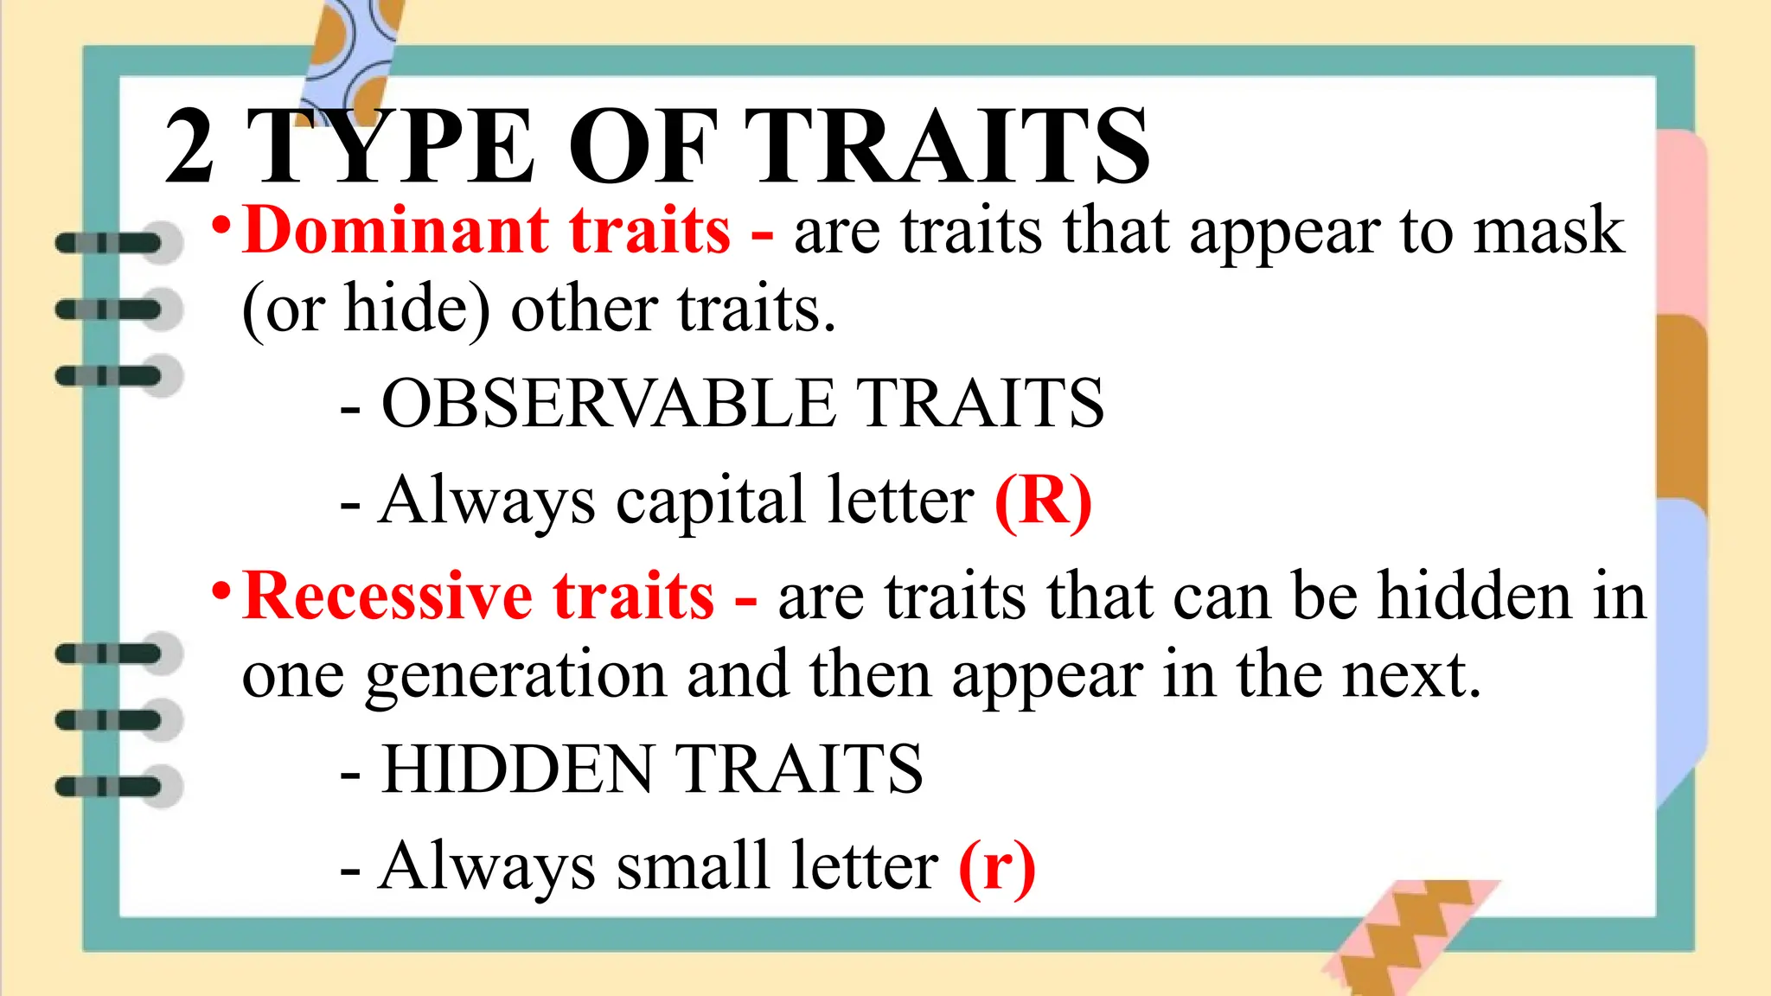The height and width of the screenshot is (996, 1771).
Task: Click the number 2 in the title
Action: (189, 147)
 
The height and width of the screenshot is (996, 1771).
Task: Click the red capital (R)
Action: (1043, 501)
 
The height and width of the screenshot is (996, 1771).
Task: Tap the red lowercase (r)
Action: (996, 866)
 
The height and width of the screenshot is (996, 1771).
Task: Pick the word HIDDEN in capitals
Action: (518, 769)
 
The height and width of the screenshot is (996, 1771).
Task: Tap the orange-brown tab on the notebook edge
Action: (1681, 406)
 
